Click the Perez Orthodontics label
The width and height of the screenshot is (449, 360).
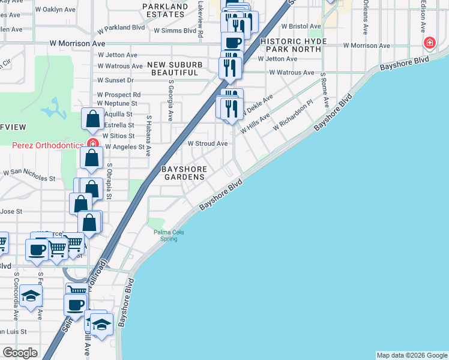point(47,144)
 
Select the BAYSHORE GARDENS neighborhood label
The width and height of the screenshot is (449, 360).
point(184,173)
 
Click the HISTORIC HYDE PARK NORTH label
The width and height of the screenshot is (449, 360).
point(295,46)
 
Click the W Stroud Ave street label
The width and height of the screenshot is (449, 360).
point(208,144)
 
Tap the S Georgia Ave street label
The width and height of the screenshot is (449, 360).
point(171,101)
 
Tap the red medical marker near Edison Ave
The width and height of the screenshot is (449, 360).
point(429,43)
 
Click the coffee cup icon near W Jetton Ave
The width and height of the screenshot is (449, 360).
point(232,42)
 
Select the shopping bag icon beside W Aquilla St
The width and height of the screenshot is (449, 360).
point(93,118)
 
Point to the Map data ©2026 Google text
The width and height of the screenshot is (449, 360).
point(412,355)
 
